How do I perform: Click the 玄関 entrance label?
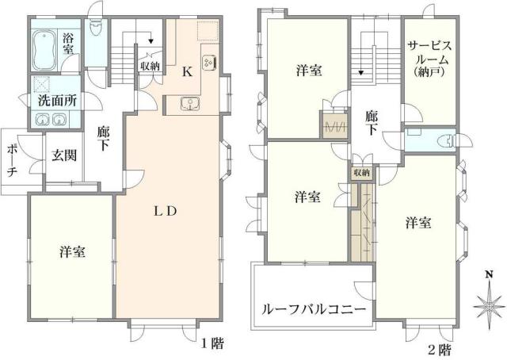coord(64,155)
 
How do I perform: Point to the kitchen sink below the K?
coord(190,104)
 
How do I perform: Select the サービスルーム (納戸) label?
coord(429,60)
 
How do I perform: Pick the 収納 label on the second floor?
coord(361,172)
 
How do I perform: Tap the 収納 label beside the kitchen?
coord(151,66)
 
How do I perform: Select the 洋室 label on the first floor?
coord(72,253)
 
